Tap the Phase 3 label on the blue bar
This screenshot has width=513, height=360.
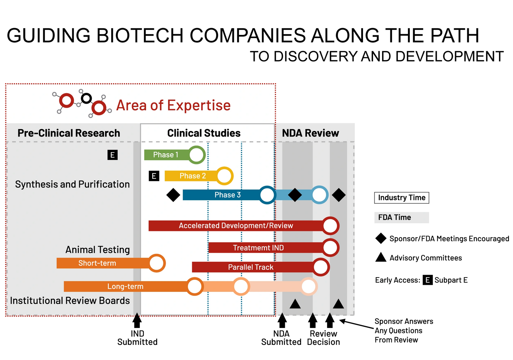click(227, 195)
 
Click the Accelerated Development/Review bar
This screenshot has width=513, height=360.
click(236, 226)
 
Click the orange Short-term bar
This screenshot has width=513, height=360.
click(103, 263)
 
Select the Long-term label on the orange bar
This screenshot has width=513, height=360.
click(125, 287)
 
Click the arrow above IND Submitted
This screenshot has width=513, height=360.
click(137, 320)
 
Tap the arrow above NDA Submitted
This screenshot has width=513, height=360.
click(282, 320)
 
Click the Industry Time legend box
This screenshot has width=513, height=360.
click(402, 198)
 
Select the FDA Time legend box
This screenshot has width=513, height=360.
click(402, 217)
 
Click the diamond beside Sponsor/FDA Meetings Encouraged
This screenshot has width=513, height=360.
click(381, 238)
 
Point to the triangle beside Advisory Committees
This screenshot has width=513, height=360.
click(381, 257)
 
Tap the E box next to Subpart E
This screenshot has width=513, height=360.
click(428, 280)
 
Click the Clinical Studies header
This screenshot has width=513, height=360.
click(204, 133)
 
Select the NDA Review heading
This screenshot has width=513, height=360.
click(310, 133)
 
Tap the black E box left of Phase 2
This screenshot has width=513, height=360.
click(154, 176)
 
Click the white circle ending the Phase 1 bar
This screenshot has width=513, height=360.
click(196, 155)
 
